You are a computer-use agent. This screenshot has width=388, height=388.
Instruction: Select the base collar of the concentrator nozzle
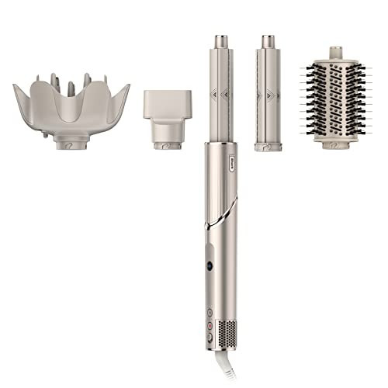point(165,144)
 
